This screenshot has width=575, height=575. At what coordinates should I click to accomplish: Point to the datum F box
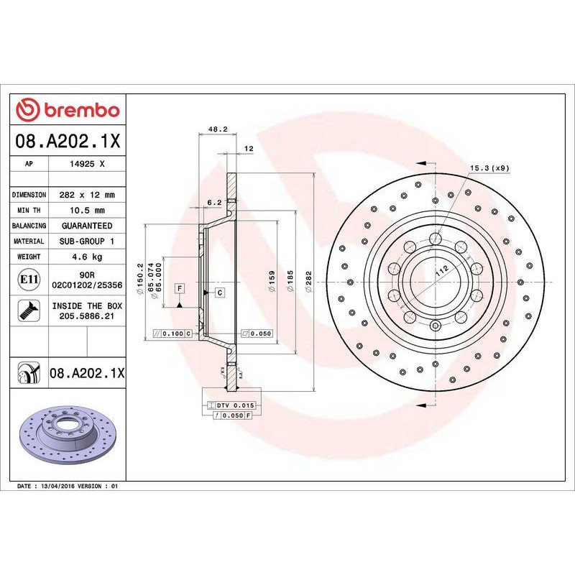pos(179,287)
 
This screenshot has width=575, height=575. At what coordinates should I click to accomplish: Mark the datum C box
pos(219,292)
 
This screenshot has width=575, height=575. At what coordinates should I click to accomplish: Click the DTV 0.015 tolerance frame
pos(231,406)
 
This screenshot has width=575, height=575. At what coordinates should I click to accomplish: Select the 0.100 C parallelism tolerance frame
pos(173,334)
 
